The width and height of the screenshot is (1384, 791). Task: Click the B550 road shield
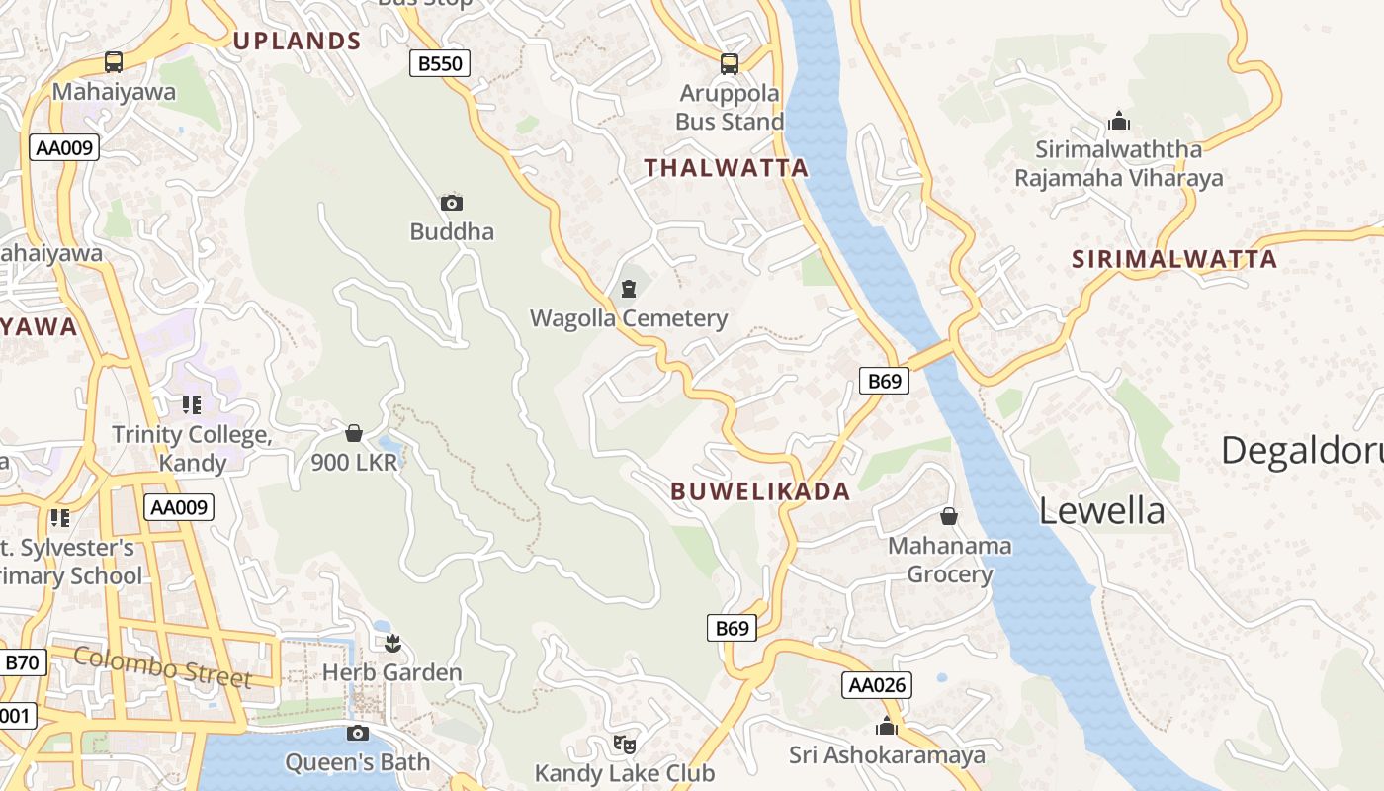tap(439, 64)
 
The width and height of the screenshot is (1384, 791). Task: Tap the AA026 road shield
tap(876, 684)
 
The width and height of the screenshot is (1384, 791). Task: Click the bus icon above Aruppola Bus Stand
tap(730, 64)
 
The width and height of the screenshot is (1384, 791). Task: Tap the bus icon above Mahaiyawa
tap(114, 62)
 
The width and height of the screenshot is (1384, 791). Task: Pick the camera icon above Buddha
tap(452, 203)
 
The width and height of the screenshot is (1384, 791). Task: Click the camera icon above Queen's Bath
tap(358, 733)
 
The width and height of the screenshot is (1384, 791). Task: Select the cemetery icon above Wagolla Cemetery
tap(629, 289)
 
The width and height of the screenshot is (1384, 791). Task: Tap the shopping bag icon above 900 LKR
tap(354, 433)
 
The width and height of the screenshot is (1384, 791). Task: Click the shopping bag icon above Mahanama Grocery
tap(949, 516)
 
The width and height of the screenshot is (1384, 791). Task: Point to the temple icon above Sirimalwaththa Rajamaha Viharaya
tap(1119, 121)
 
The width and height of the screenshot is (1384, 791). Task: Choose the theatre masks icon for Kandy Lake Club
tap(624, 743)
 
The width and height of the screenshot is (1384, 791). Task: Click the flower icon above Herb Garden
tap(392, 644)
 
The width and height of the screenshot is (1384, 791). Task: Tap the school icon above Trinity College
tap(192, 405)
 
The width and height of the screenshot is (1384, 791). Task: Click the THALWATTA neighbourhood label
tap(727, 168)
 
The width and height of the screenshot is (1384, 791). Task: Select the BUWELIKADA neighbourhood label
tap(760, 491)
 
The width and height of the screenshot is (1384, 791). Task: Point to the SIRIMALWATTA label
tap(1174, 260)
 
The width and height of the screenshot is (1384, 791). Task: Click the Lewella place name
tap(1101, 511)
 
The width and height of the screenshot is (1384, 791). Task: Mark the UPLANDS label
tap(297, 41)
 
